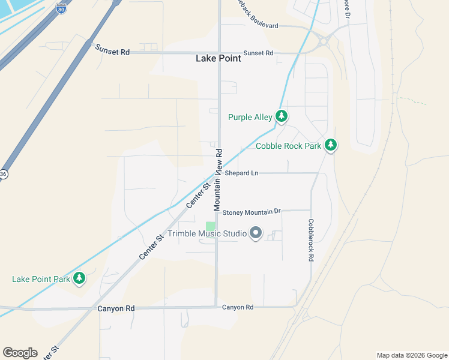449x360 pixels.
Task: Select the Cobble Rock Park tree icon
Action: tap(330, 145)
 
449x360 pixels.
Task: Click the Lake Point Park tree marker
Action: tap(79, 278)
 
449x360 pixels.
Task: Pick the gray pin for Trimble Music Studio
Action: tap(256, 233)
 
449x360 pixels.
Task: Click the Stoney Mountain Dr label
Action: tap(252, 212)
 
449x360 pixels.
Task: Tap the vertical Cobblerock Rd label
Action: tap(311, 240)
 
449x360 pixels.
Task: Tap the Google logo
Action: tap(20, 353)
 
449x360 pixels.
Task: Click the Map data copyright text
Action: tap(411, 355)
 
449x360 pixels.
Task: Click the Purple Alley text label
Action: tap(250, 117)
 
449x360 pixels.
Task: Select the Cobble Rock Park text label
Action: tap(289, 146)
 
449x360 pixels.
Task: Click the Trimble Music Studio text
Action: tap(208, 233)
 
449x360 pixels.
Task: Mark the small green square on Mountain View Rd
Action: tap(211, 226)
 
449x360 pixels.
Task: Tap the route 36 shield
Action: tap(3, 174)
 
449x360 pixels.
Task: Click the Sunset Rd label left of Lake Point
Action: tap(112, 52)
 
